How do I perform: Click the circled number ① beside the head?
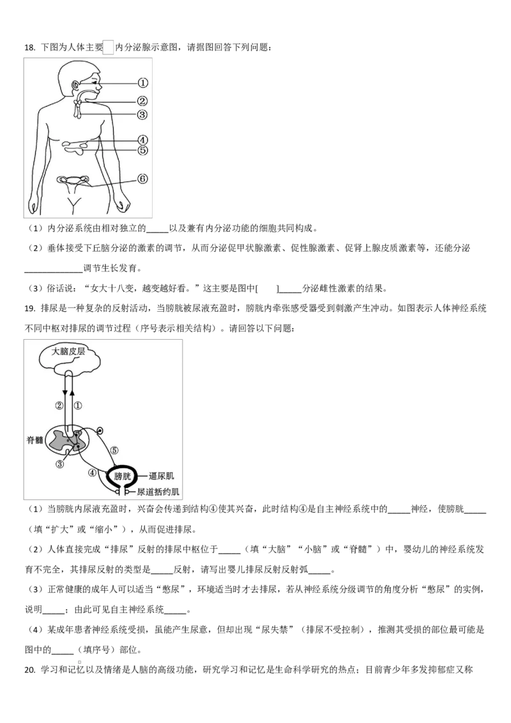click(x=143, y=83)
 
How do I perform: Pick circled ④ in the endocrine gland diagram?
click(x=142, y=140)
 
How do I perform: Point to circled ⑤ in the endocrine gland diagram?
click(x=142, y=150)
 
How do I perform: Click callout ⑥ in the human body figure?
click(x=142, y=178)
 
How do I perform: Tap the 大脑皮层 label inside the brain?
click(x=68, y=352)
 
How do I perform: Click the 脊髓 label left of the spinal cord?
click(x=34, y=440)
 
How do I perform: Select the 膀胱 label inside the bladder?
click(x=123, y=476)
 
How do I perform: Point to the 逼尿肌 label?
click(x=162, y=476)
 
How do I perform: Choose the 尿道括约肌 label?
click(x=158, y=492)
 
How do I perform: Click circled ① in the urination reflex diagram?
click(x=78, y=406)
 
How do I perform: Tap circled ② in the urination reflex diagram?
click(x=59, y=406)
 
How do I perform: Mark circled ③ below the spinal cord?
click(x=59, y=464)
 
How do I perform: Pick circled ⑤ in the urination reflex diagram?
click(x=114, y=450)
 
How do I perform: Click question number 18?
click(x=29, y=47)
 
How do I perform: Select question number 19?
click(x=29, y=308)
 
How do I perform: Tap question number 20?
click(x=29, y=670)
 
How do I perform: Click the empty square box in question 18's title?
click(x=109, y=47)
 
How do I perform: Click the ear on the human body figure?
click(x=74, y=86)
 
